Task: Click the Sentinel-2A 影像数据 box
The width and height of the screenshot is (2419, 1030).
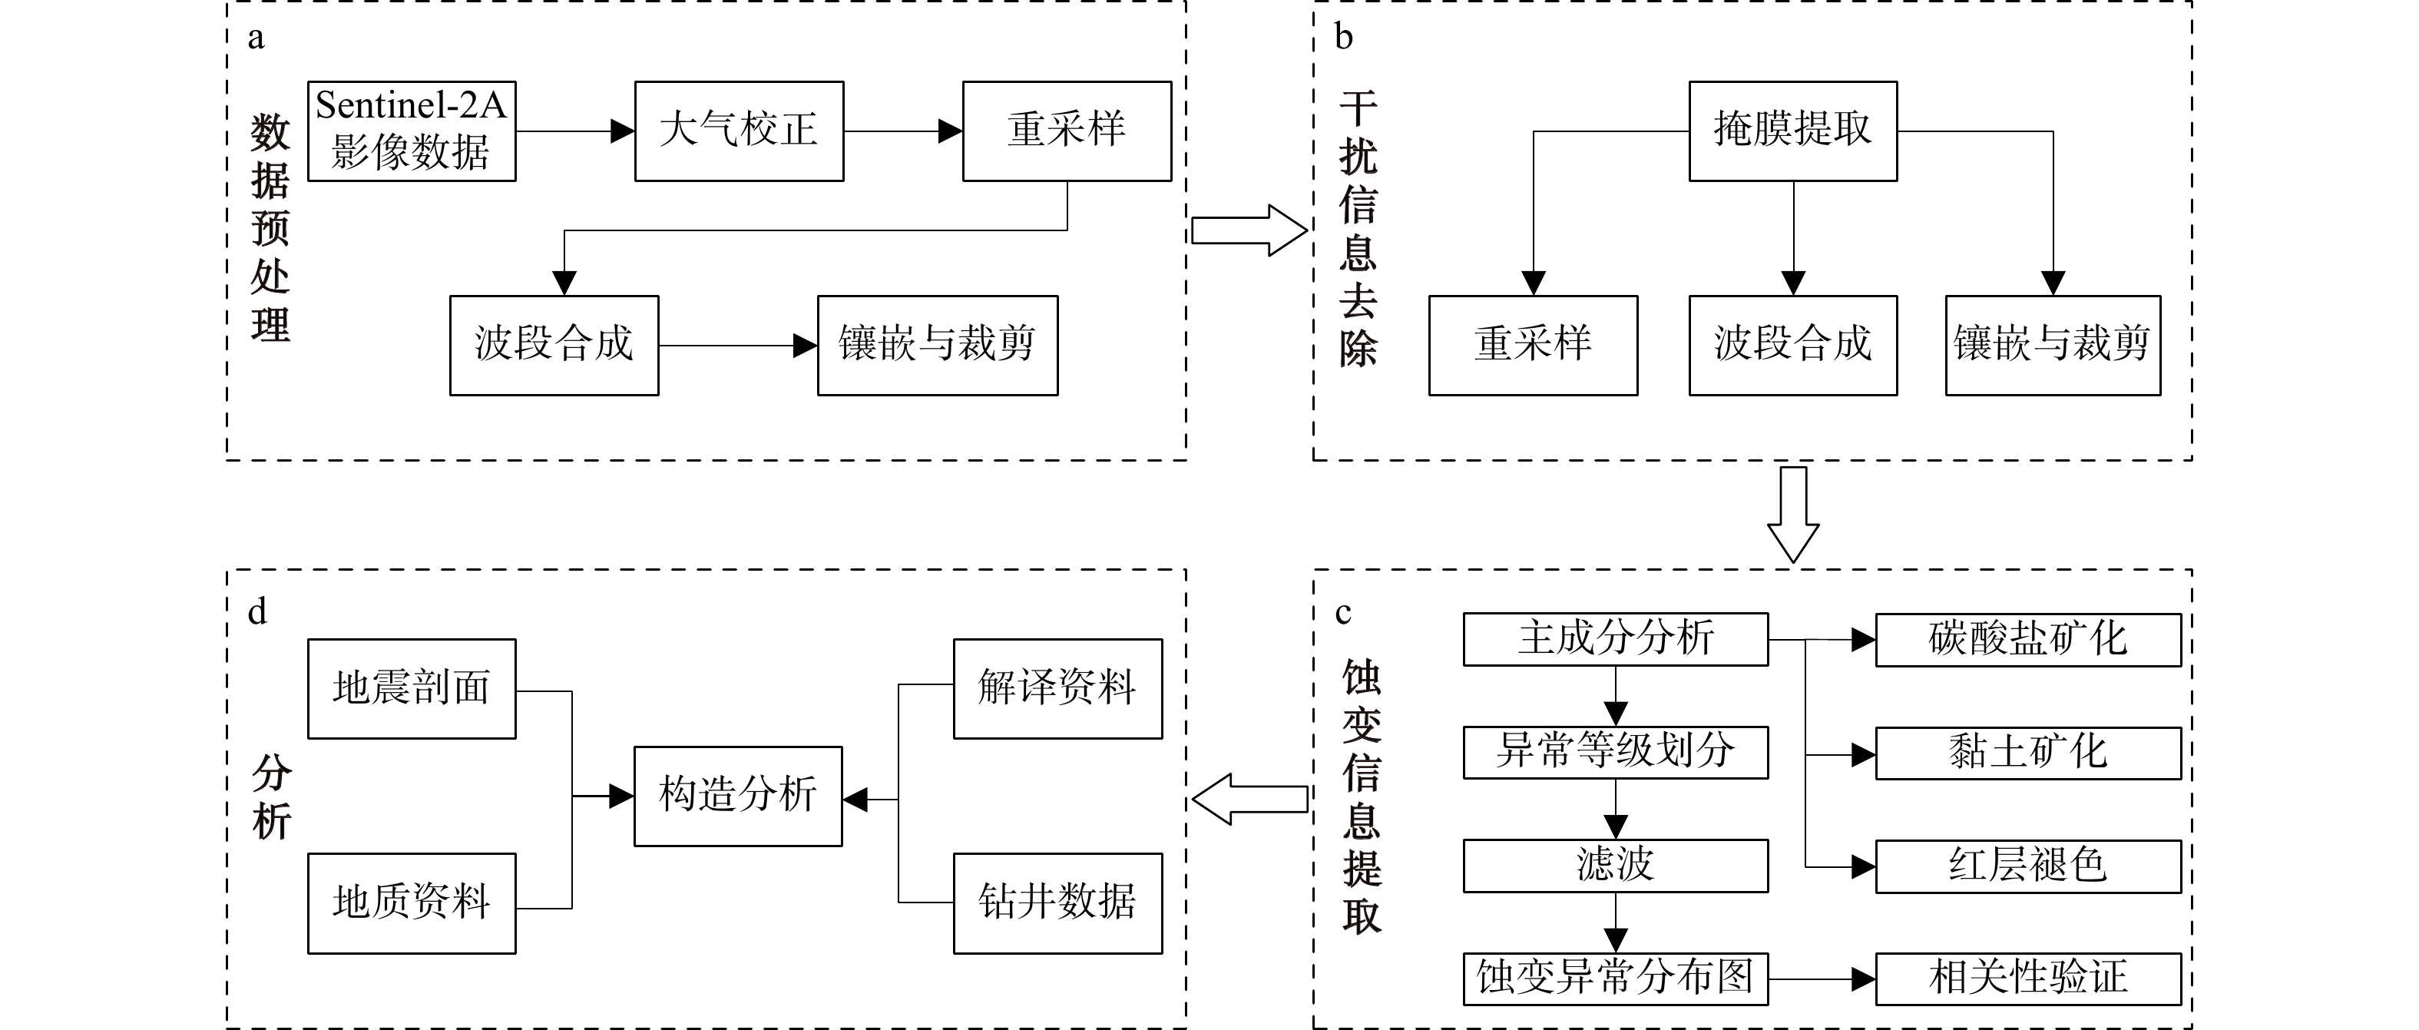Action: pos(412,131)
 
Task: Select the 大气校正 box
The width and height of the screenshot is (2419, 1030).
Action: pos(739,131)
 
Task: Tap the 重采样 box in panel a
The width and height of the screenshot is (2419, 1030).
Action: pos(1067,131)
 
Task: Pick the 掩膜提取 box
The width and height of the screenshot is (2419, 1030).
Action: pos(1792,131)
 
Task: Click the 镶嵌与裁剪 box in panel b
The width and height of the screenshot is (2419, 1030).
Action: pos(2053,346)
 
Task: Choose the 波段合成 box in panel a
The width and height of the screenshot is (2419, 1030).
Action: pos(554,346)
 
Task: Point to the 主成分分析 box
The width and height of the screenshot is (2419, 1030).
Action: pos(1615,639)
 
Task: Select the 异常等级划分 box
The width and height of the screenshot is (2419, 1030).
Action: pos(1615,752)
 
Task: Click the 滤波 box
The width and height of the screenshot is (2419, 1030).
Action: pos(1615,865)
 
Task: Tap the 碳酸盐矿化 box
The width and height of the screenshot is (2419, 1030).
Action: pos(2028,639)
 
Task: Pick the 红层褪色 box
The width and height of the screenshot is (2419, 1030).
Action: pos(2028,866)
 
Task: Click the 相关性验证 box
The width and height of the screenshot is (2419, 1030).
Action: pos(2028,979)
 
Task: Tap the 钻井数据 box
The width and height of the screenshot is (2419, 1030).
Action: pos(1057,903)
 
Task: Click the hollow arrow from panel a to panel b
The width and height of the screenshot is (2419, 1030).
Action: pos(1249,230)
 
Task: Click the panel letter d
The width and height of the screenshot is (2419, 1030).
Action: pos(256,612)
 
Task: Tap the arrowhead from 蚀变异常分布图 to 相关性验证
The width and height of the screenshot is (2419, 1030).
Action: pos(1863,979)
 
